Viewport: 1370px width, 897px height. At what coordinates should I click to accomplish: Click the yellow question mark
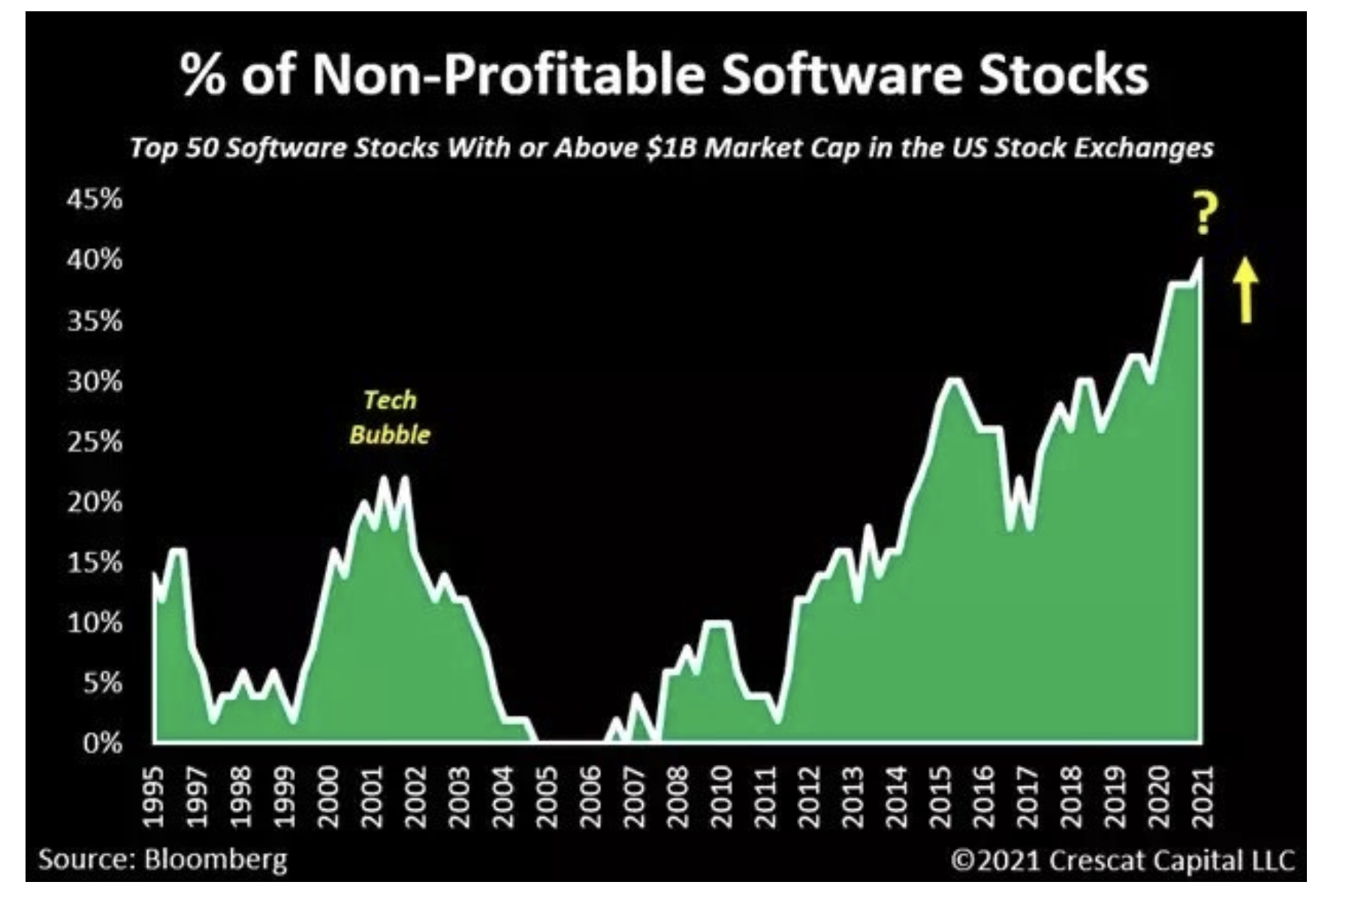point(1204,214)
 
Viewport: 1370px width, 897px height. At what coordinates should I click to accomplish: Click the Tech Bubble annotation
point(390,417)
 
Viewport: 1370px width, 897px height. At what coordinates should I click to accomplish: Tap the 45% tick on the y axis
point(95,200)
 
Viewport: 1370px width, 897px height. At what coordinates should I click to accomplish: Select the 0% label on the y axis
point(102,744)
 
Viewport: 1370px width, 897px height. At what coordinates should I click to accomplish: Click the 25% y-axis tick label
point(95,442)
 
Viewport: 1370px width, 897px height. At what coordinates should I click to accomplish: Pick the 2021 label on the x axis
point(1203,796)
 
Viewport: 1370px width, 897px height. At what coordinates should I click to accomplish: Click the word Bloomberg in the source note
point(216,858)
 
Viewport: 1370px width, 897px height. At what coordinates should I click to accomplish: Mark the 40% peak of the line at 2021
point(1201,260)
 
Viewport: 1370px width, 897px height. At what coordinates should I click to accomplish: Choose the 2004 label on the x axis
point(502,796)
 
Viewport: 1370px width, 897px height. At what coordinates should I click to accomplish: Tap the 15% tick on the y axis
point(95,563)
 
